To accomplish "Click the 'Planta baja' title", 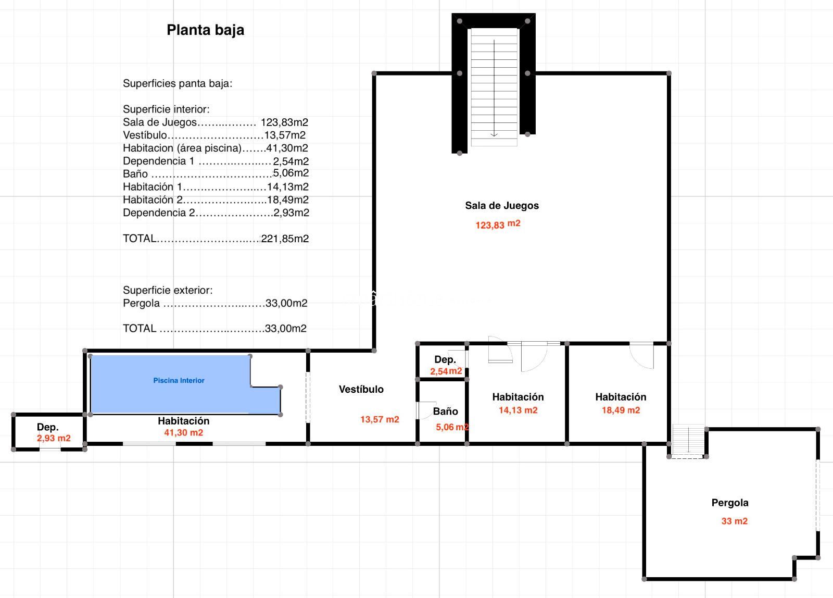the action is pyautogui.click(x=205, y=30).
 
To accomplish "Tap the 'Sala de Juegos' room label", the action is pyautogui.click(x=502, y=205).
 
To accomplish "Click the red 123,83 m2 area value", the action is pyautogui.click(x=498, y=225).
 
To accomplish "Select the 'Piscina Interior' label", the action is pyautogui.click(x=179, y=380).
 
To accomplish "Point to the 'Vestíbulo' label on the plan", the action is pyautogui.click(x=361, y=389).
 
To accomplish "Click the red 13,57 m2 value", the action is pyautogui.click(x=380, y=419).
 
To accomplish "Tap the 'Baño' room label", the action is pyautogui.click(x=446, y=411).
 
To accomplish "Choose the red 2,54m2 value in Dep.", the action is pyautogui.click(x=446, y=371).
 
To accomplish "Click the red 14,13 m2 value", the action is pyautogui.click(x=518, y=410).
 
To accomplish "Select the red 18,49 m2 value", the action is pyautogui.click(x=621, y=410).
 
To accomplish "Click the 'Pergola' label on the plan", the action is pyautogui.click(x=730, y=503).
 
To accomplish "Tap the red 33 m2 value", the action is pyautogui.click(x=735, y=521).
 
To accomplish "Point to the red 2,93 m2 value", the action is pyautogui.click(x=54, y=438).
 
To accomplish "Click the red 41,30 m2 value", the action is pyautogui.click(x=184, y=432).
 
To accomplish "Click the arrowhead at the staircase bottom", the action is pyautogui.click(x=494, y=135).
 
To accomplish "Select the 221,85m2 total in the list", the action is pyautogui.click(x=285, y=239).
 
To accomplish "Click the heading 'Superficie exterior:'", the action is pyautogui.click(x=168, y=290).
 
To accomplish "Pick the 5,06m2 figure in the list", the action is pyautogui.click(x=291, y=172).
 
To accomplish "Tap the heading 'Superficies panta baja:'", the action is pyautogui.click(x=178, y=83).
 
